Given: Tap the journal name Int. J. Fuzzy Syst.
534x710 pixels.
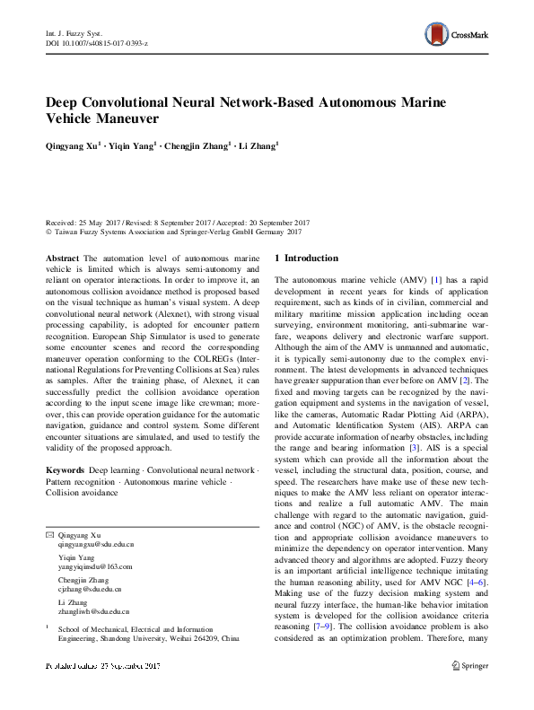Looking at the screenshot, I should [71, 33].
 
